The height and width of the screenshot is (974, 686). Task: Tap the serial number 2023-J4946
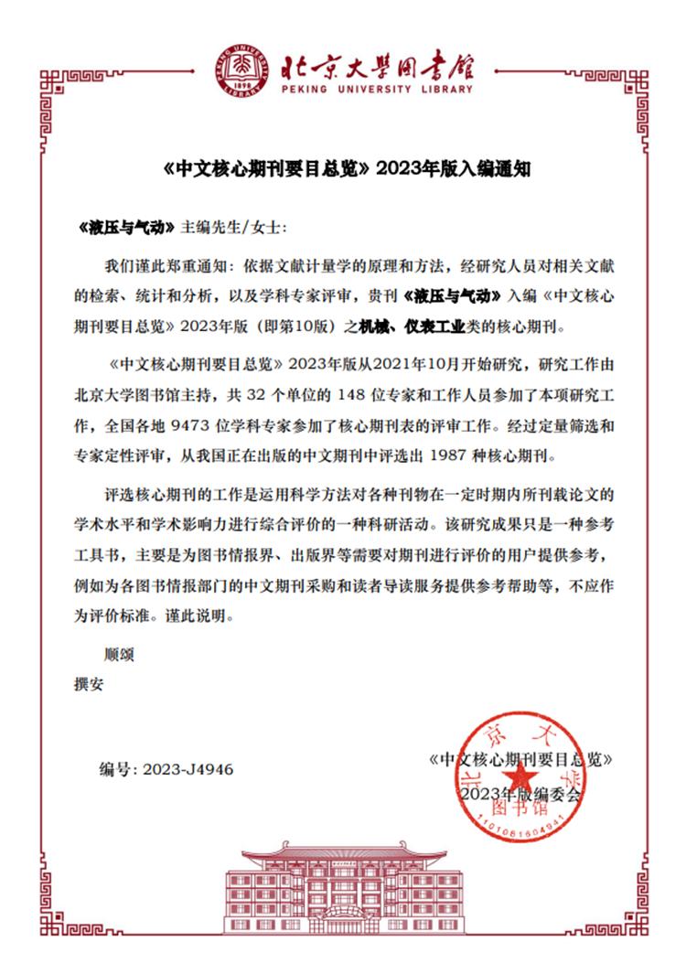tap(188, 769)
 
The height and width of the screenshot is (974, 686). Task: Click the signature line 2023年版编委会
tap(520, 795)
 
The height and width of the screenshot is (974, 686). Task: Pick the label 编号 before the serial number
tap(119, 769)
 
